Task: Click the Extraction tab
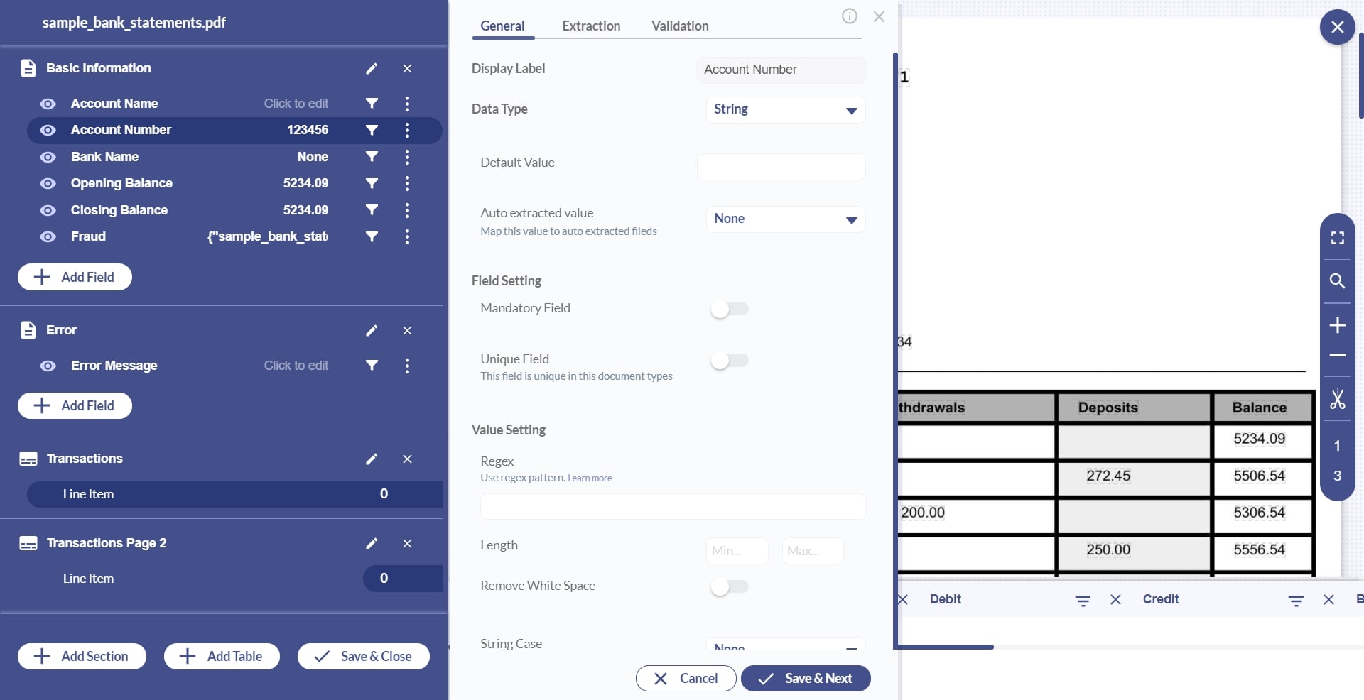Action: tap(590, 26)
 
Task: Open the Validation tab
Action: tap(679, 26)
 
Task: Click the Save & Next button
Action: tap(805, 678)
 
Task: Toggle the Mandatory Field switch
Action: tap(729, 309)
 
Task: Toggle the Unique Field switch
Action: tap(729, 361)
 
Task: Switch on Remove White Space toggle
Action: tap(729, 586)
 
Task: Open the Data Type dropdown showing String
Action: tap(785, 110)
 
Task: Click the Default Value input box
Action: tap(781, 167)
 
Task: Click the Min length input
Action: tap(737, 551)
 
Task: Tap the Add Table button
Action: tap(222, 656)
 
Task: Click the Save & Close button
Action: tap(363, 656)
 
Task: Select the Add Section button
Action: tap(82, 656)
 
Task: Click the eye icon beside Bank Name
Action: tap(48, 157)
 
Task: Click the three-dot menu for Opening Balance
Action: tap(407, 183)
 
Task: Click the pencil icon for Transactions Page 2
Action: tap(372, 543)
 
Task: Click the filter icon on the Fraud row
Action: tap(372, 236)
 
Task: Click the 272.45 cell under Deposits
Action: tap(1108, 476)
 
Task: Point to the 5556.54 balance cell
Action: tap(1259, 549)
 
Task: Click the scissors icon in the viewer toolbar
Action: tap(1337, 399)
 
